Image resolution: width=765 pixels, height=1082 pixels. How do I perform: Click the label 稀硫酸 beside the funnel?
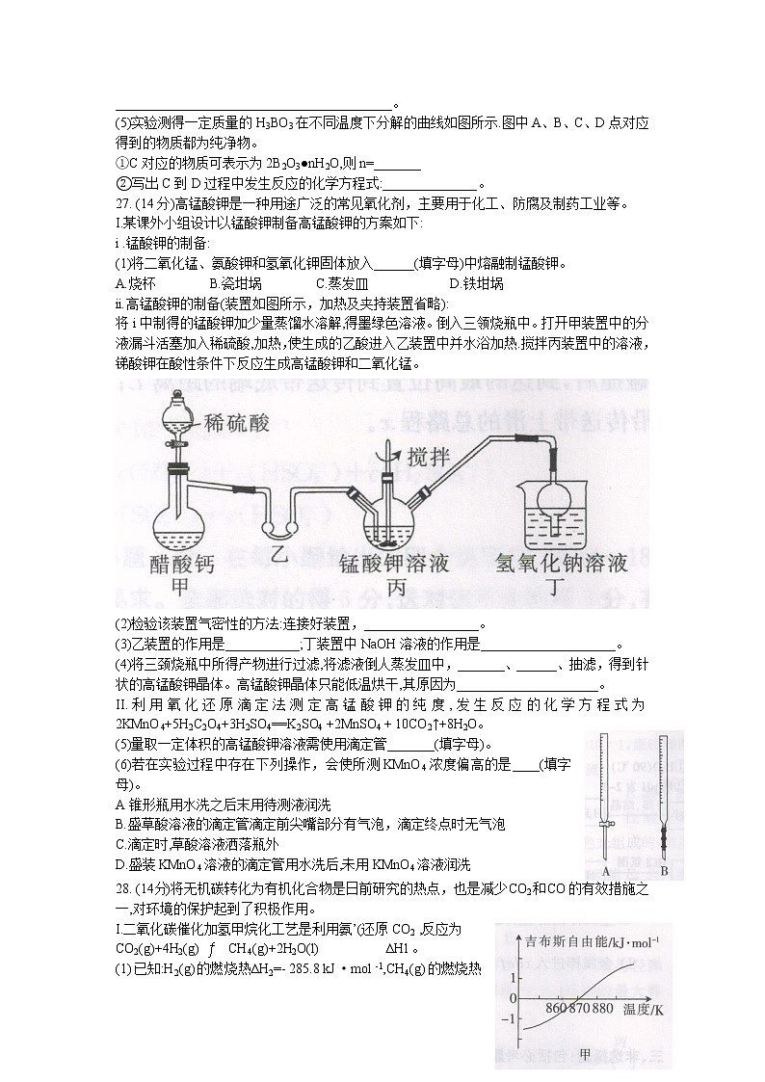point(238,423)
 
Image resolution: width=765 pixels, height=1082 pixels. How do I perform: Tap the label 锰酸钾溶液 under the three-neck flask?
point(395,564)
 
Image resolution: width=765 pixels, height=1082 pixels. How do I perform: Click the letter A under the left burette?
point(605,870)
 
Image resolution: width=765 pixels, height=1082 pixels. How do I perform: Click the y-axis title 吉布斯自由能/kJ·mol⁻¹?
point(588,940)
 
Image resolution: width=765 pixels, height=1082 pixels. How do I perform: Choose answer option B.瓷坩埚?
point(235,283)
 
